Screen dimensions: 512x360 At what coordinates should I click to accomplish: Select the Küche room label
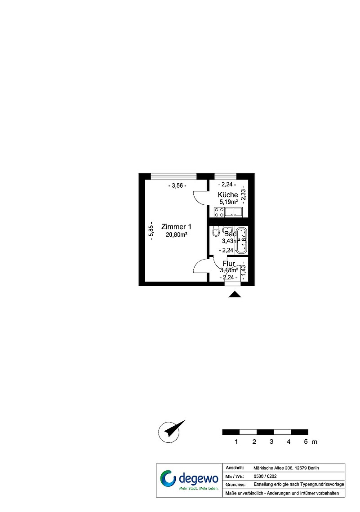pos(227,194)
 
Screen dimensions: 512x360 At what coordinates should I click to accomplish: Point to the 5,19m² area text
pos(228,202)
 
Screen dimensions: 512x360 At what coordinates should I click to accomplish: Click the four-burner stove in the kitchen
pos(219,212)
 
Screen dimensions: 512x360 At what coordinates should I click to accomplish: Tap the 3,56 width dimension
pos(177,185)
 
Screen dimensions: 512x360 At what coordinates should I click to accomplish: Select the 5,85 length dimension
pos(152,231)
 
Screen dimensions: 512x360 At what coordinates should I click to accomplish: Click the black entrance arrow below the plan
pos(235,295)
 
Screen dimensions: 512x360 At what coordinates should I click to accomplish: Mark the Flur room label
pos(228,263)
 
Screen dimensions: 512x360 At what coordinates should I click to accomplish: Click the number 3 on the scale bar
pos(271,442)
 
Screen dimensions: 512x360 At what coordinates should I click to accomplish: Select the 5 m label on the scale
pos(310,442)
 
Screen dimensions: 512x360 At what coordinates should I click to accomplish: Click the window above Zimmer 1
pos(173,175)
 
